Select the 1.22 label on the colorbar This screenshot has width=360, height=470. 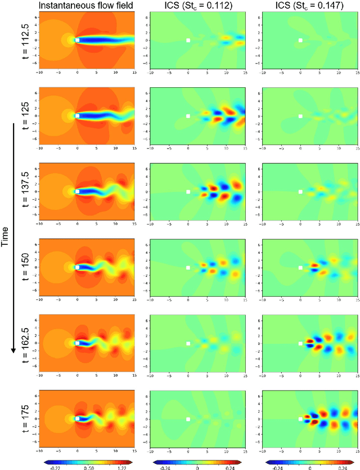125,466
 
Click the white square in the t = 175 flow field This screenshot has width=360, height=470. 78,418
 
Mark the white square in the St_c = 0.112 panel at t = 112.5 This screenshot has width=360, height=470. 188,41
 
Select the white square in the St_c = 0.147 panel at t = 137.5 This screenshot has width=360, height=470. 300,191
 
